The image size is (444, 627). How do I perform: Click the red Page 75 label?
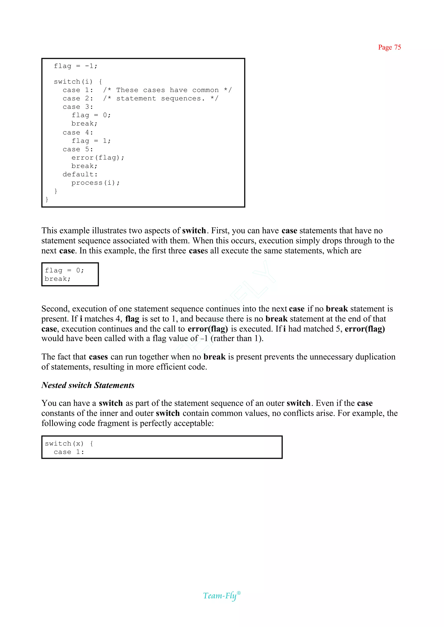click(x=389, y=47)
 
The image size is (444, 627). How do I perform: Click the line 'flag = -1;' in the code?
click(x=75, y=66)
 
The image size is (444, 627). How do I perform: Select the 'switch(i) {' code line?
click(x=78, y=82)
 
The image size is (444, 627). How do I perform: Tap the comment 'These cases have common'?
click(x=167, y=90)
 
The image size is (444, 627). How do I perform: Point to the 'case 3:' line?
click(x=78, y=107)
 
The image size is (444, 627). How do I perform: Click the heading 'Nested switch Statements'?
click(x=88, y=385)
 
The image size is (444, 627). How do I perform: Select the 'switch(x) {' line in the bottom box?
click(x=69, y=444)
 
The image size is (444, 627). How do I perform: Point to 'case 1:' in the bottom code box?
click(x=69, y=452)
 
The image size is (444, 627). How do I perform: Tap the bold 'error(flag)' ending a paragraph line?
click(x=365, y=329)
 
